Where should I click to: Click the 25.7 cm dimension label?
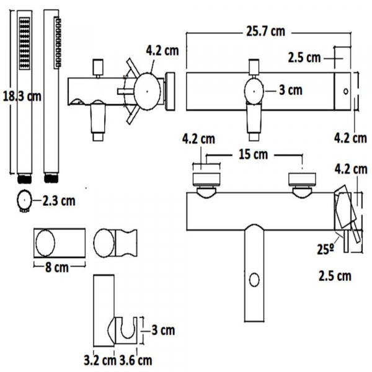click(265, 32)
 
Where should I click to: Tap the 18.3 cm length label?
click(22, 97)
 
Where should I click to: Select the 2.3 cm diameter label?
click(59, 201)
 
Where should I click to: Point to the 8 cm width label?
click(56, 268)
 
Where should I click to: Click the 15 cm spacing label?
click(253, 154)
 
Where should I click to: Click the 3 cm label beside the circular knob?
click(291, 91)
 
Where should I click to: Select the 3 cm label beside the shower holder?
click(163, 330)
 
